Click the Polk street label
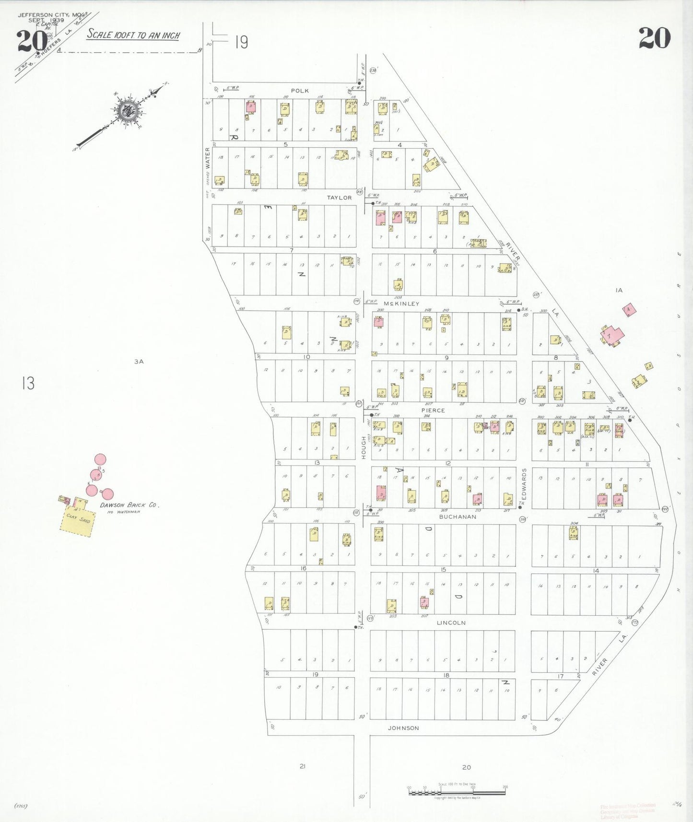300,91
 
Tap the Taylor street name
339,198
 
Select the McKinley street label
401,304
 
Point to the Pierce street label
433,411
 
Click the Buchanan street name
458,517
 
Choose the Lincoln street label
451,622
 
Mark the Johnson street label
403,728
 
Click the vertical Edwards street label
524,484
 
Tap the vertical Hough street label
364,447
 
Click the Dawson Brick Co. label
129,505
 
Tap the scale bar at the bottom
457,791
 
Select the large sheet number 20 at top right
654,38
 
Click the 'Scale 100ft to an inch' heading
133,35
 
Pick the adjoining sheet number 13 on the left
28,383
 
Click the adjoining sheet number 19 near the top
241,43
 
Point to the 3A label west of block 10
139,362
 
